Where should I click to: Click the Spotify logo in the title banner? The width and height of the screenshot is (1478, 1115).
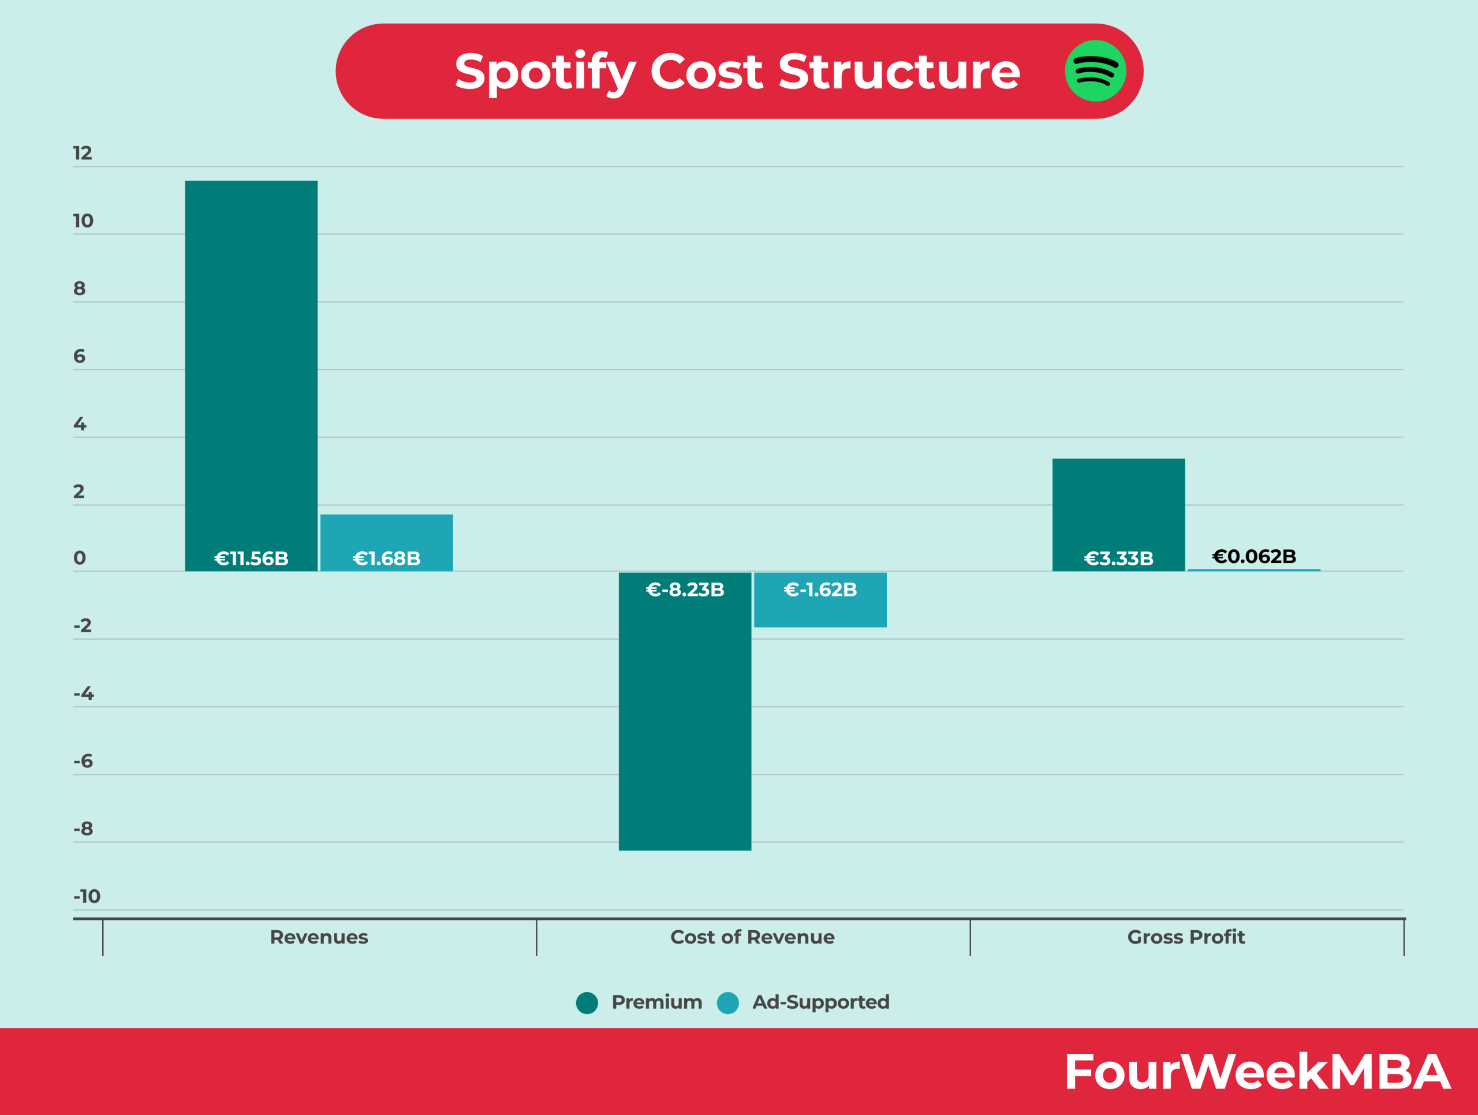point(1095,71)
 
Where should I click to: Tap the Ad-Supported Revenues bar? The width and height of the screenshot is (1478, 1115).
point(386,535)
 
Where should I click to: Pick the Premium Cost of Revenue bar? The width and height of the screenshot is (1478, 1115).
point(685,722)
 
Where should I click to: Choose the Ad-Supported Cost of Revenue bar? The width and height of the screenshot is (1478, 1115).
point(820,608)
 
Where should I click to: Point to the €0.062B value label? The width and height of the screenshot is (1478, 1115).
point(1254,557)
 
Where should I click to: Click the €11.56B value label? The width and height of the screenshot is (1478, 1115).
point(251,558)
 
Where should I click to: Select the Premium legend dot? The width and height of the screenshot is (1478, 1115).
point(587,1003)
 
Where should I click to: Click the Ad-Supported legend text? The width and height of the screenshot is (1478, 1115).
point(820,1002)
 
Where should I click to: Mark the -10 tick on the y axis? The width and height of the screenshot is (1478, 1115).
point(87,897)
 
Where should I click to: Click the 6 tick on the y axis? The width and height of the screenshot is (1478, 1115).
point(80,357)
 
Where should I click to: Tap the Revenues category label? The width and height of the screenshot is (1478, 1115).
point(319,937)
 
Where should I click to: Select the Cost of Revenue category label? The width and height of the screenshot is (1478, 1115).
point(752,937)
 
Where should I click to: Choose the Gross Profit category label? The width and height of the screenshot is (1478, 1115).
point(1186,937)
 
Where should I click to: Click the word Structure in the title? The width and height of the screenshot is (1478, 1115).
point(899,72)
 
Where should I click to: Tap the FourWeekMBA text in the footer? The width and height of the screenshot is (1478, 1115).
point(1257,1072)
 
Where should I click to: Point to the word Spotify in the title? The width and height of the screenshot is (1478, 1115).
point(545,73)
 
